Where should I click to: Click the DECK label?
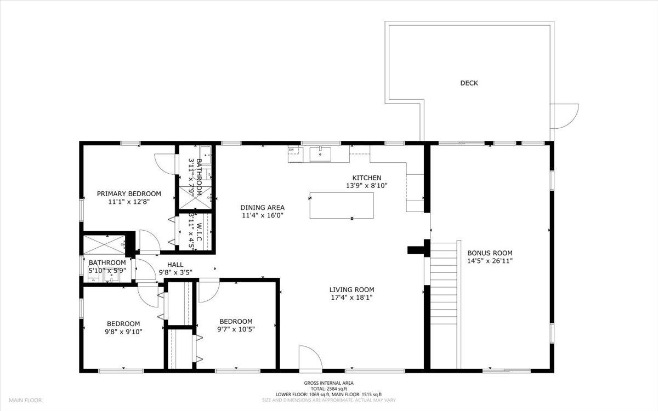[x=469, y=83]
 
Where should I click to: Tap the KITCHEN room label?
[x=366, y=178]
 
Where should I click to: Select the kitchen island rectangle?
[x=342, y=206]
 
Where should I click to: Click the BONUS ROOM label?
[x=490, y=253]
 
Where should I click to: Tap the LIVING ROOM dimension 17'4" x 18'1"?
[x=351, y=298]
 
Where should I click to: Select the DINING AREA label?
[x=263, y=207]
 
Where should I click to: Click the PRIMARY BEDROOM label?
[x=129, y=193]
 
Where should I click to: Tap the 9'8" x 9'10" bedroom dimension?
[x=123, y=331]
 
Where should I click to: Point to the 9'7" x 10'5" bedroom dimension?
[x=236, y=329]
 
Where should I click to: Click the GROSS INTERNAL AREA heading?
[x=329, y=383]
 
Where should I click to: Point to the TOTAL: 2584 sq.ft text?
[x=329, y=389]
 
